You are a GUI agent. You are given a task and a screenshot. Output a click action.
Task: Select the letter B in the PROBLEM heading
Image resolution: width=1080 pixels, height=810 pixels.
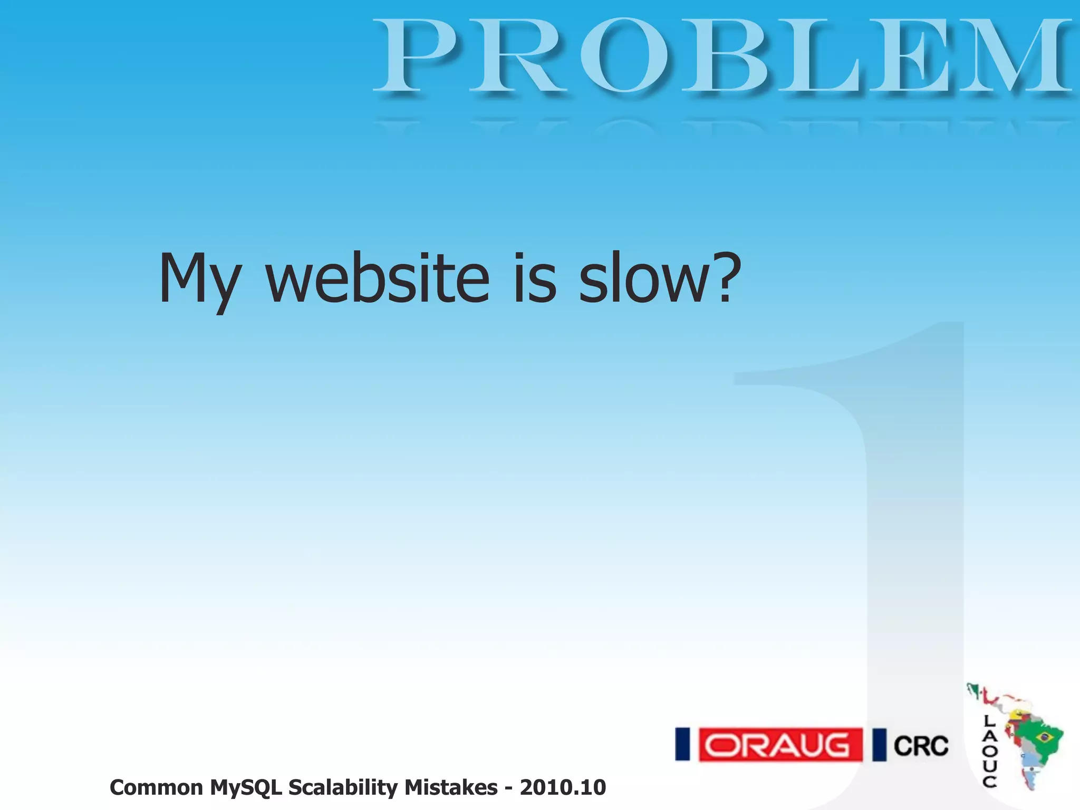723,55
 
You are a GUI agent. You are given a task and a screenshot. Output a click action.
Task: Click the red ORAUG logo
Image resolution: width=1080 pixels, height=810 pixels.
780,745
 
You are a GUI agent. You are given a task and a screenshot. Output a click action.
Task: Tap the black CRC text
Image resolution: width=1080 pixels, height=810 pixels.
921,746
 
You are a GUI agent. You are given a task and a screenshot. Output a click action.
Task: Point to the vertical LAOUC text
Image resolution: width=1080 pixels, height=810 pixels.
989,751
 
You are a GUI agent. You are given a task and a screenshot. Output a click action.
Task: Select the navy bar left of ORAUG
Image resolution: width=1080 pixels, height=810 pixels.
682,744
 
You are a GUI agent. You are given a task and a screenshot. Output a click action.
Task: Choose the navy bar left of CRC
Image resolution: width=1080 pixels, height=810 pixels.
879,745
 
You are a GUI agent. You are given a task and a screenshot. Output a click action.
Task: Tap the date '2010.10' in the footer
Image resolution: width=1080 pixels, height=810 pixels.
563,787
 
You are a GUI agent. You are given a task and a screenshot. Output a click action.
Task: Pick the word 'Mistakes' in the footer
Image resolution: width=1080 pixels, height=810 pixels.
451,787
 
